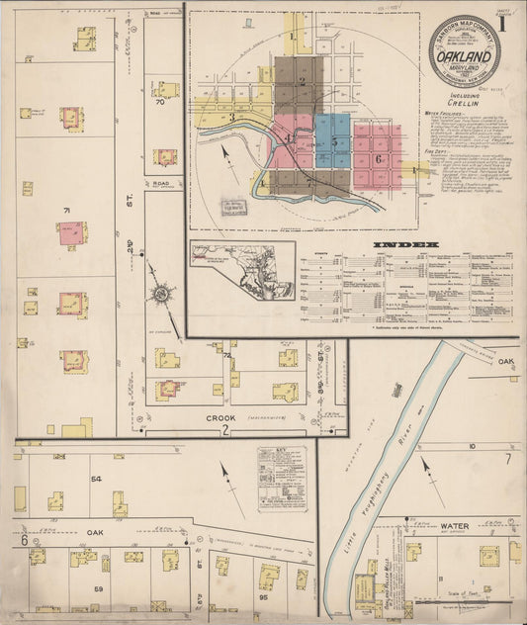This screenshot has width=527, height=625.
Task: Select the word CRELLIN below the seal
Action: [x=463, y=103]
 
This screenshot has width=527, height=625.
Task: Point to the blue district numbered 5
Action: [x=335, y=141]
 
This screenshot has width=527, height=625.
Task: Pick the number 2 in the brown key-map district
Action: [x=302, y=81]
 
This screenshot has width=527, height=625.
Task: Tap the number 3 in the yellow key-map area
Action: [x=231, y=118]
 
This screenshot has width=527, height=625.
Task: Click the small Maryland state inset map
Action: [x=242, y=270]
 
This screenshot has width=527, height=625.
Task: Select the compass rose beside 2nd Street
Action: [x=161, y=294]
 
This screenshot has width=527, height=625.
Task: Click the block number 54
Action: [x=97, y=479]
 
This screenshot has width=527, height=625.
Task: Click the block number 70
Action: [x=158, y=101]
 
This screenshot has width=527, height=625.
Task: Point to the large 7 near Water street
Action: [x=508, y=458]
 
